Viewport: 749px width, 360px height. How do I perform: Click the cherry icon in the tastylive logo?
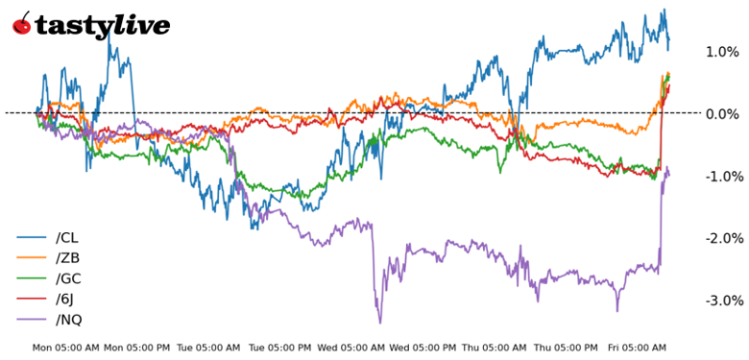click(21, 25)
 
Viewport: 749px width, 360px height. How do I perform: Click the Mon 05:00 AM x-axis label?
click(65, 348)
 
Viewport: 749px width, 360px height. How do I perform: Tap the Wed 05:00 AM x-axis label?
click(351, 348)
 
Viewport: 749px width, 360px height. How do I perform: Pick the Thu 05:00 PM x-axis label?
click(567, 348)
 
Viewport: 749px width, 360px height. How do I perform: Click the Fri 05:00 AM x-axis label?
click(638, 348)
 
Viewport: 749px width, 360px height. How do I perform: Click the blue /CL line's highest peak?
click(664, 11)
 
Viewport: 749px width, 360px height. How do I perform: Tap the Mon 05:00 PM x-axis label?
click(136, 348)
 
